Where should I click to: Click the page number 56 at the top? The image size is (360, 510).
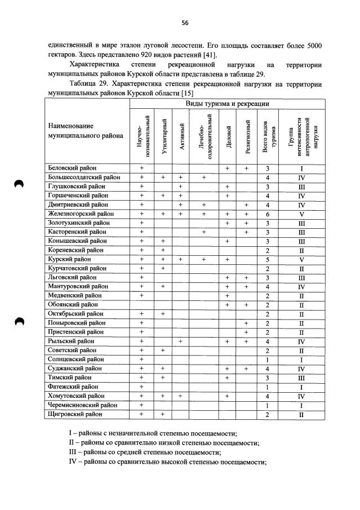pyautogui.click(x=184, y=23)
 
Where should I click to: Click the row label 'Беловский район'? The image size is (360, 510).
pyautogui.click(x=73, y=168)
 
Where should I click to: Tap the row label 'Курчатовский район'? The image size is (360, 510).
pyautogui.click(x=77, y=268)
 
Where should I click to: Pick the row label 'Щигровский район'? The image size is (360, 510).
pyautogui.click(x=75, y=414)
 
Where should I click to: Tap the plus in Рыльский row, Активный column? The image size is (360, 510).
pyautogui.click(x=181, y=341)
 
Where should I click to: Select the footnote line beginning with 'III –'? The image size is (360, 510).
pyautogui.click(x=149, y=453)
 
